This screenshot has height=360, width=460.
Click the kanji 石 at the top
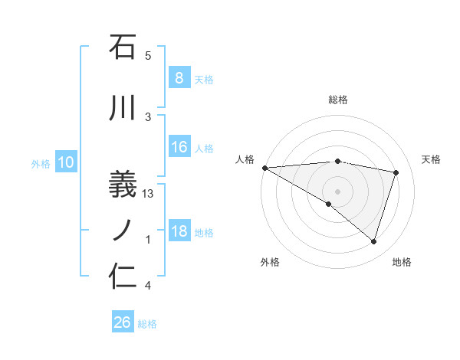123,47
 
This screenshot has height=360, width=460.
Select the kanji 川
123,109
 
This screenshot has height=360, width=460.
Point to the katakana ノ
123,227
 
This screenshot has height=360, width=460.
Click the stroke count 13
149,195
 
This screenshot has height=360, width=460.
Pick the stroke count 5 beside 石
148,56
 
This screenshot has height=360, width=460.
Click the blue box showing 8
179,78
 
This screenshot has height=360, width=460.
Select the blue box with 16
179,147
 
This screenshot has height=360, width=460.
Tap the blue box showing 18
179,231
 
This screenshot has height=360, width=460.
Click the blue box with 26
122,322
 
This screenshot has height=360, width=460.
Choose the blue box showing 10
65,162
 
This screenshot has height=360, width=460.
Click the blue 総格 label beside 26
147,324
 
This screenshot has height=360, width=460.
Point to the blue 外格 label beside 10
40,163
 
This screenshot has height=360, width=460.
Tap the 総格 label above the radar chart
337,100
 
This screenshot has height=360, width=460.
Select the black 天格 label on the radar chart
431,159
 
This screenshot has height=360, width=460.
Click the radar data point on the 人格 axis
264,167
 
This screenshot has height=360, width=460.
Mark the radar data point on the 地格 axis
373,241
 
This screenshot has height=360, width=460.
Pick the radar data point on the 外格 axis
329,204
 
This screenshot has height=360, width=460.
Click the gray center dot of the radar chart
337,190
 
